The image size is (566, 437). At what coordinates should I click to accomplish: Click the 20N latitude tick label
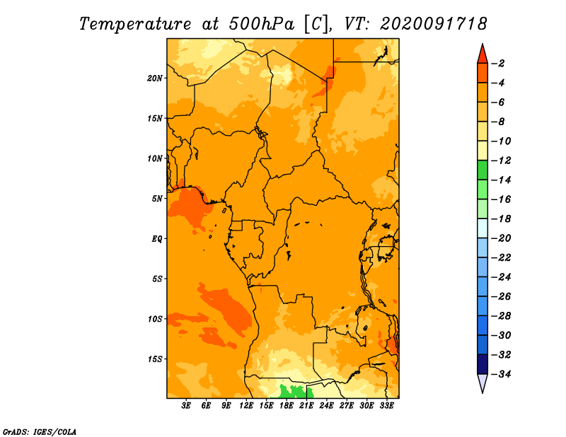[154, 78]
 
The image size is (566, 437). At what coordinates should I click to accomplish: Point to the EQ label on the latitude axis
[156, 239]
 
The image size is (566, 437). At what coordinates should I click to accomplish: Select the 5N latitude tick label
[156, 199]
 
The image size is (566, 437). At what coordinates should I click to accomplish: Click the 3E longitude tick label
[186, 406]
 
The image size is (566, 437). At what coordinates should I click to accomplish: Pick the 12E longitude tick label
[246, 406]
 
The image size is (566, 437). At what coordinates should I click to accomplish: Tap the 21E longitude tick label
[306, 406]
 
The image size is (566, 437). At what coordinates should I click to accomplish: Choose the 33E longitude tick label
[386, 406]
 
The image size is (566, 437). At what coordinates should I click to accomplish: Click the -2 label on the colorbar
[498, 64]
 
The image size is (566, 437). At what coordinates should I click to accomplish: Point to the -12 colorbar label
[501, 161]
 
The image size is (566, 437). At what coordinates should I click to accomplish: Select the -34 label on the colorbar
[501, 374]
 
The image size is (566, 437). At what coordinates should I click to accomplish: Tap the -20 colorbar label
[501, 238]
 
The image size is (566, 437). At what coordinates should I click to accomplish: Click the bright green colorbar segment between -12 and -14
[483, 170]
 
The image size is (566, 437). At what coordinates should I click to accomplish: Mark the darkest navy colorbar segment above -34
[483, 364]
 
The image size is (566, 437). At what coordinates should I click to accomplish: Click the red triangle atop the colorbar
[483, 55]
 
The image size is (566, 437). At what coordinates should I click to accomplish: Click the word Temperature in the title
[135, 24]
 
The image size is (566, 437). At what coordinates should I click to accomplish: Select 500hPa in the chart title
[261, 24]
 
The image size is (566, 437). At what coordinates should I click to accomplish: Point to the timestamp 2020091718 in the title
[433, 24]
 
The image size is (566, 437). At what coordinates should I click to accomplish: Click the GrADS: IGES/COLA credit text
[40, 431]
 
